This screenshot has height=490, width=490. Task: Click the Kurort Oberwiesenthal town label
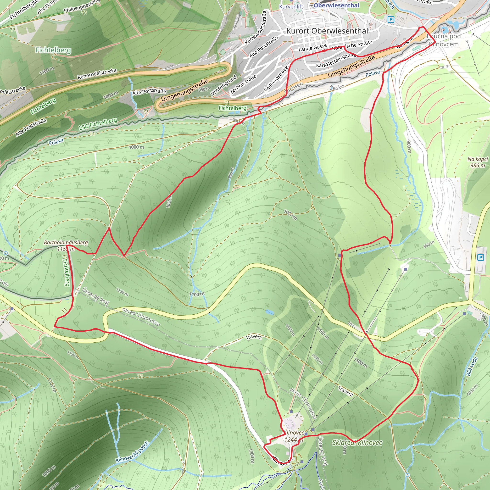point(327,31)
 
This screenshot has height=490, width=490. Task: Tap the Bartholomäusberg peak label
point(66,243)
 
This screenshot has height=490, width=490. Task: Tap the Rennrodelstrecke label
point(97,73)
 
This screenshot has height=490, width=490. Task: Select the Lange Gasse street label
point(312,48)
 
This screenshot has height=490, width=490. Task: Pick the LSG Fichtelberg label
point(98,124)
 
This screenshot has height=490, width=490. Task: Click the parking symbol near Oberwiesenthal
point(391,19)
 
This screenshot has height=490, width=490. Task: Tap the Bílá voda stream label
point(472,367)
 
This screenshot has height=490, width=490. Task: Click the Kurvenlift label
point(291,7)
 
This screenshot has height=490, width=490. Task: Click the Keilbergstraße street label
point(276,79)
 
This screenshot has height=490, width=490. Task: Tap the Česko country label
point(337,88)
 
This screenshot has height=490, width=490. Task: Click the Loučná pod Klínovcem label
point(444,40)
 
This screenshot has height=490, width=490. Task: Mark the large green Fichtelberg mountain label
point(53,50)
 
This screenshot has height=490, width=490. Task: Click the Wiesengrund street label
point(223,85)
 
